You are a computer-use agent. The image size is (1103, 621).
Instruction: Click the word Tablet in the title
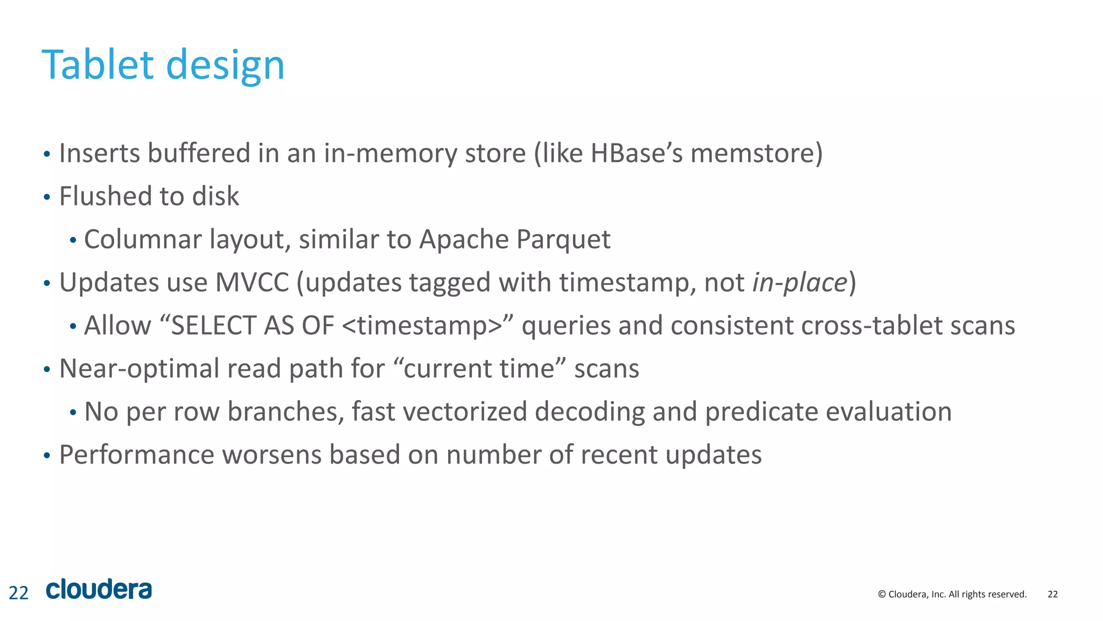(x=97, y=65)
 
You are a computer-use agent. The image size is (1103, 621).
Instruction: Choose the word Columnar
(x=143, y=239)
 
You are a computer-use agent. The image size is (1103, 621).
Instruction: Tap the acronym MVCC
(x=252, y=282)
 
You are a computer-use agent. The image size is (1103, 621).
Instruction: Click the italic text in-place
(x=800, y=282)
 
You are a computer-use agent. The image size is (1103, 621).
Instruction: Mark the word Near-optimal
(x=139, y=369)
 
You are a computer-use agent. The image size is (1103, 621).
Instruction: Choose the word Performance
(x=137, y=454)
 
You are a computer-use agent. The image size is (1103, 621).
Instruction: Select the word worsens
(x=272, y=454)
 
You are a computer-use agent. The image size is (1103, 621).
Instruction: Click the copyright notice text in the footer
(x=952, y=594)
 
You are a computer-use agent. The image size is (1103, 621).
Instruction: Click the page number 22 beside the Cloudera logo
(x=18, y=593)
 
